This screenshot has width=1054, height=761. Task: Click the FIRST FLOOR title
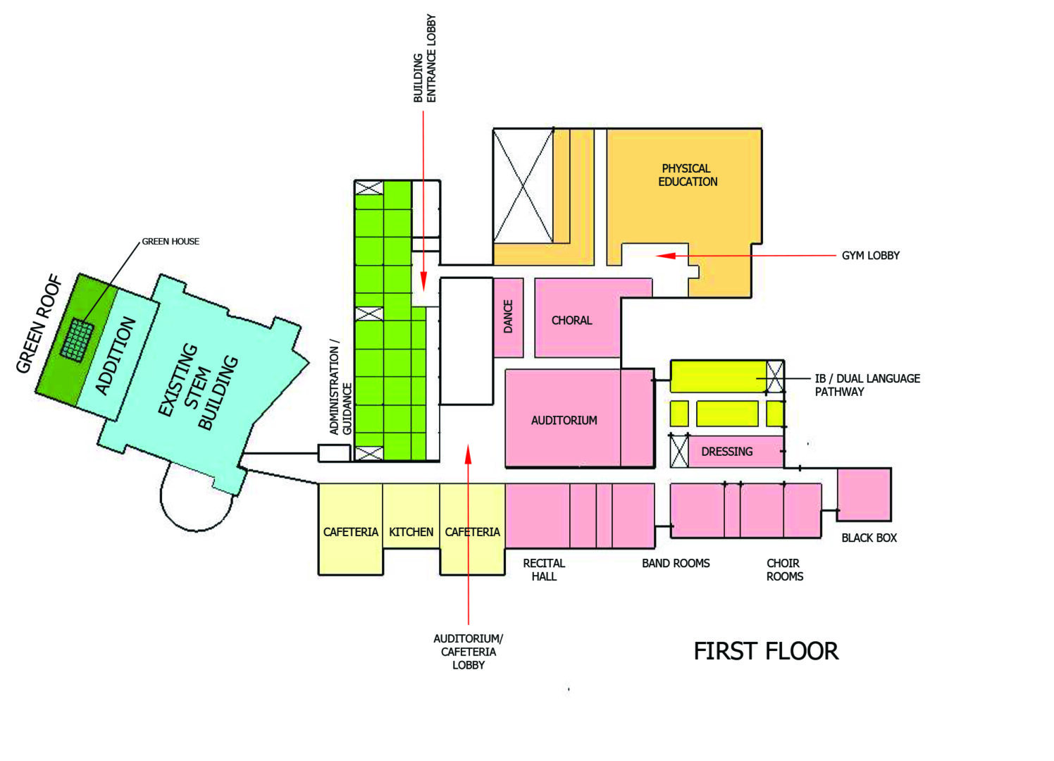[x=766, y=651]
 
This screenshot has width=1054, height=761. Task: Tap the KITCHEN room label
[x=411, y=532]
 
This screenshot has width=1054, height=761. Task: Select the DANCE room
[x=508, y=317]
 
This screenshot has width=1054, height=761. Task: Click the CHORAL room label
[x=571, y=321]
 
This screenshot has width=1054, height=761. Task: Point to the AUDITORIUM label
[x=564, y=421]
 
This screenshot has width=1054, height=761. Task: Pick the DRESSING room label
[x=726, y=452]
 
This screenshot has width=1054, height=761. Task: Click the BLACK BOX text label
[x=869, y=538]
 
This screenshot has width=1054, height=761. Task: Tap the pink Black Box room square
[x=864, y=495]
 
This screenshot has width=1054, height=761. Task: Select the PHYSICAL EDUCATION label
[x=688, y=175]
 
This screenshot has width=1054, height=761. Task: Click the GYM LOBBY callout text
[x=870, y=256]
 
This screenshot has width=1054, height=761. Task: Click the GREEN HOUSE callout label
[x=170, y=241]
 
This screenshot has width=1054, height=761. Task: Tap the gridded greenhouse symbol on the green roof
[x=77, y=340]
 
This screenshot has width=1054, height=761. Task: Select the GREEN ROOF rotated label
[x=39, y=324]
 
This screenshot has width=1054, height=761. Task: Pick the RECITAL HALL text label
[x=544, y=569]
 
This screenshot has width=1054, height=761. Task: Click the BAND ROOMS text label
[x=676, y=563]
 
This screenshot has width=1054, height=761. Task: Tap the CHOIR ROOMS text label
[x=784, y=569]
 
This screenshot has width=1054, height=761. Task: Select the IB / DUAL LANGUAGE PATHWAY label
[x=867, y=385]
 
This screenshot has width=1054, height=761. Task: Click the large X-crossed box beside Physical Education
[x=523, y=185]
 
